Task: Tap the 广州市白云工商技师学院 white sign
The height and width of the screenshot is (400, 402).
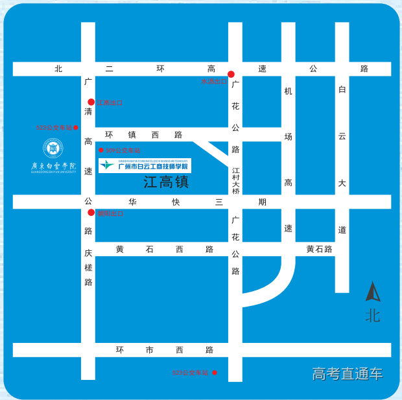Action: pos(145,165)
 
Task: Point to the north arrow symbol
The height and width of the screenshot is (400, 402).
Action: pos(373,292)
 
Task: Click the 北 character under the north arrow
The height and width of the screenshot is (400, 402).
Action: pos(373,316)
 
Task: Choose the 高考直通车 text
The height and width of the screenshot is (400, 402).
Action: pos(348,373)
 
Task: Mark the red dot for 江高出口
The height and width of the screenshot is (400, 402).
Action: pos(91,102)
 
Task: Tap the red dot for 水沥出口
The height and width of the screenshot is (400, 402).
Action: pos(230,74)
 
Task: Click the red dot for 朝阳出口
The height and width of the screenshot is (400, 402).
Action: pos(91,212)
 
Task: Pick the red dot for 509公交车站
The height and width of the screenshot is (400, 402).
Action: pos(100,150)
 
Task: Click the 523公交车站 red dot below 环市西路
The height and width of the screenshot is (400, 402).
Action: pos(215,372)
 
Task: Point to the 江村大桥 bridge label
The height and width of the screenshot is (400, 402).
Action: pos(236,180)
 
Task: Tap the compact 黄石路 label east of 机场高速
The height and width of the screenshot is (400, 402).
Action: pos(319,249)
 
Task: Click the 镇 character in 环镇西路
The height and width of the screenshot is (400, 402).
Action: pos(132,135)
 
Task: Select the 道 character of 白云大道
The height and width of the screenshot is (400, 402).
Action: pos(342,229)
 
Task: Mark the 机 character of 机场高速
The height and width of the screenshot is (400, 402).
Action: pos(288,91)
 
